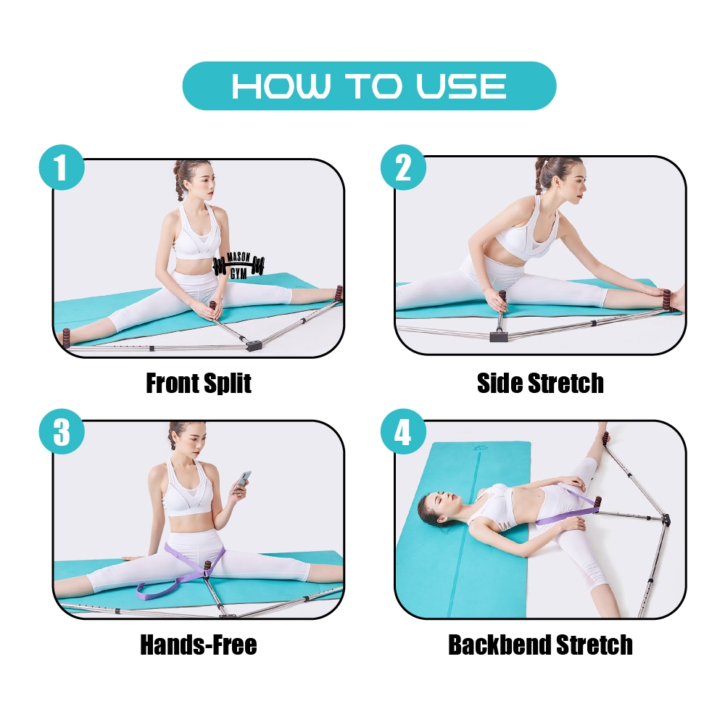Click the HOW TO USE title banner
(369, 86)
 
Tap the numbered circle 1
(62, 167)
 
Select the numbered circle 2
(403, 167)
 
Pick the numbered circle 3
(62, 432)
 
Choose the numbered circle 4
(403, 432)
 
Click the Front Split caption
(199, 383)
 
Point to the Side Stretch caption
(540, 383)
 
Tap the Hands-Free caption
(199, 645)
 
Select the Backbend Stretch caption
(540, 645)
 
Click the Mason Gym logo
(239, 266)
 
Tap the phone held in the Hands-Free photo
(243, 480)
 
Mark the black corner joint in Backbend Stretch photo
(666, 519)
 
